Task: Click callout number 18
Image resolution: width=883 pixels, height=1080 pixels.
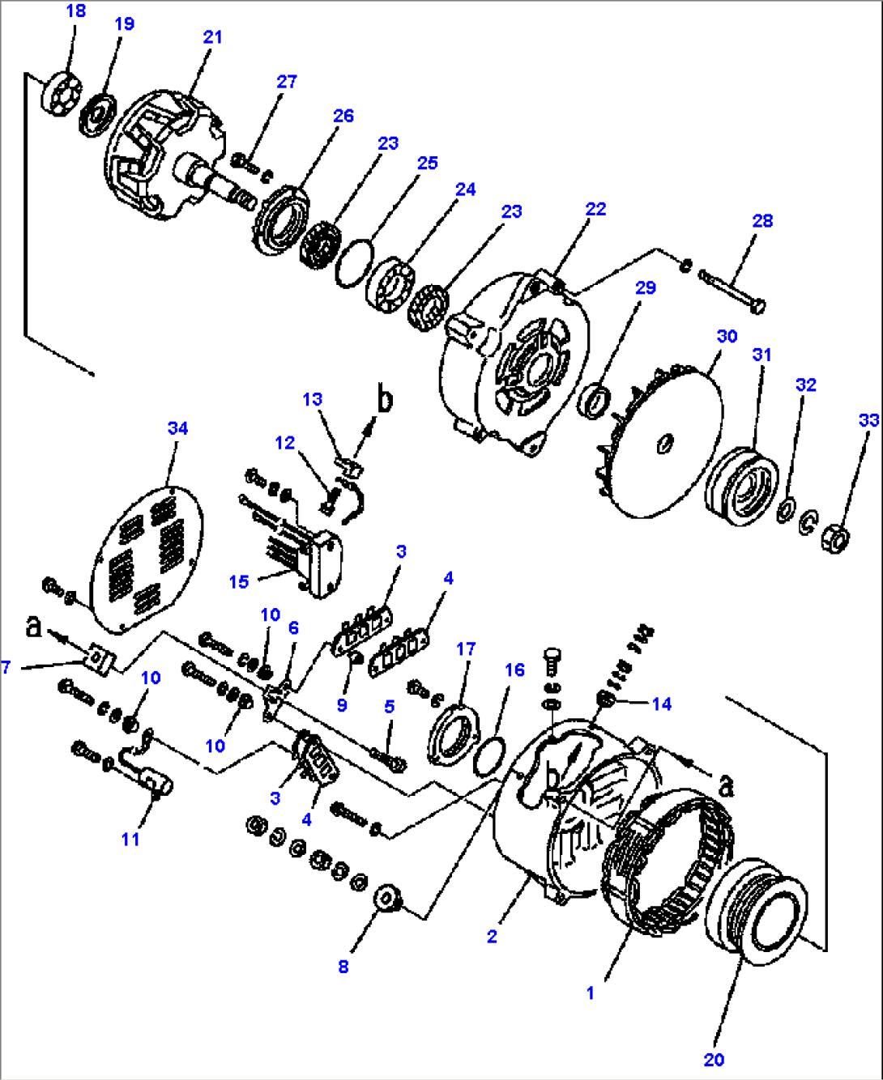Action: (x=75, y=11)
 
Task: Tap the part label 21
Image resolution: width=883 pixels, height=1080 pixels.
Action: (x=212, y=37)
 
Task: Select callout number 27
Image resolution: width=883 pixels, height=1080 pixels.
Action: (x=287, y=82)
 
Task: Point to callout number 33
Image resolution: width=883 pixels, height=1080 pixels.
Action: (x=868, y=420)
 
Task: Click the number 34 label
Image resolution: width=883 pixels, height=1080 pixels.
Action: (x=177, y=428)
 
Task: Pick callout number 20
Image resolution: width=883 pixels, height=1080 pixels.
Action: (x=714, y=1060)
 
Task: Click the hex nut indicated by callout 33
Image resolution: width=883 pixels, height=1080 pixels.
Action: (x=839, y=537)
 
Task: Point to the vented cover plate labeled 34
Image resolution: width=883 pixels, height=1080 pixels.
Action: (x=146, y=559)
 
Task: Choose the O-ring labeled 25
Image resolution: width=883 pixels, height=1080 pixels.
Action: (x=354, y=262)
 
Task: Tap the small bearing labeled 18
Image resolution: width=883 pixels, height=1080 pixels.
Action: (x=60, y=94)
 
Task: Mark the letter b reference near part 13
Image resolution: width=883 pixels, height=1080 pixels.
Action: (x=386, y=400)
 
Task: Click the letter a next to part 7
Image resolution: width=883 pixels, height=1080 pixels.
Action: (x=32, y=626)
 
